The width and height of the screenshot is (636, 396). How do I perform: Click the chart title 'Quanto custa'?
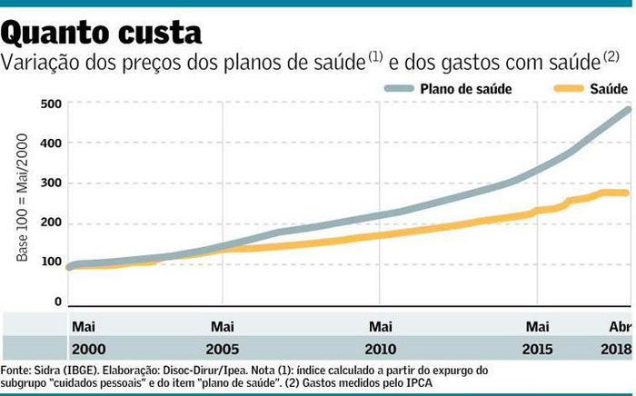pos(102,35)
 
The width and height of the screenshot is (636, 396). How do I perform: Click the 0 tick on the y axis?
pos(56,302)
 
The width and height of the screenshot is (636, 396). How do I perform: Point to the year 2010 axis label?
pos(380,348)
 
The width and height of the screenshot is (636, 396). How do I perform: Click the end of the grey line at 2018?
pos(628,110)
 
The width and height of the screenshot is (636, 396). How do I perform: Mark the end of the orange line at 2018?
pos(626,193)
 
